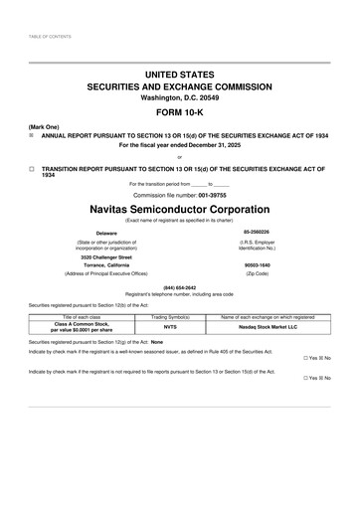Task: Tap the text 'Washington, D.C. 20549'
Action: [179, 97]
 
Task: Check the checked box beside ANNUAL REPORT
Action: [32, 135]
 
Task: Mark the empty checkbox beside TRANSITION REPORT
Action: [32, 169]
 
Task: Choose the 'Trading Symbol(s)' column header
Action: [170, 316]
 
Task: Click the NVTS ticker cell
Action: [170, 326]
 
